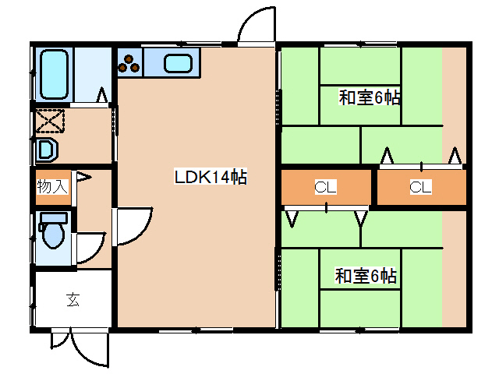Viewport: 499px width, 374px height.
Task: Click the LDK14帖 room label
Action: coord(210,178)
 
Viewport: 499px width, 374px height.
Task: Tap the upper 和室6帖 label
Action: coord(370,98)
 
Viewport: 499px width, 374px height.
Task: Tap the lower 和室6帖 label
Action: coord(366,276)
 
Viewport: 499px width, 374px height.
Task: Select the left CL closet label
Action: coord(325,187)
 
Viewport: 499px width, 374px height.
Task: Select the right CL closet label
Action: coord(420,187)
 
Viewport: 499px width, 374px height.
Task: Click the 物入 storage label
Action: coord(53,187)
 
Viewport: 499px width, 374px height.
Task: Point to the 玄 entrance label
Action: coord(73,298)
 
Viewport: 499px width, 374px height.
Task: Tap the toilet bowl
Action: coord(53,235)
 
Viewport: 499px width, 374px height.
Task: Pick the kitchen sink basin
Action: coord(181,64)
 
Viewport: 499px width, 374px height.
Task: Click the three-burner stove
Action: coord(130,62)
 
